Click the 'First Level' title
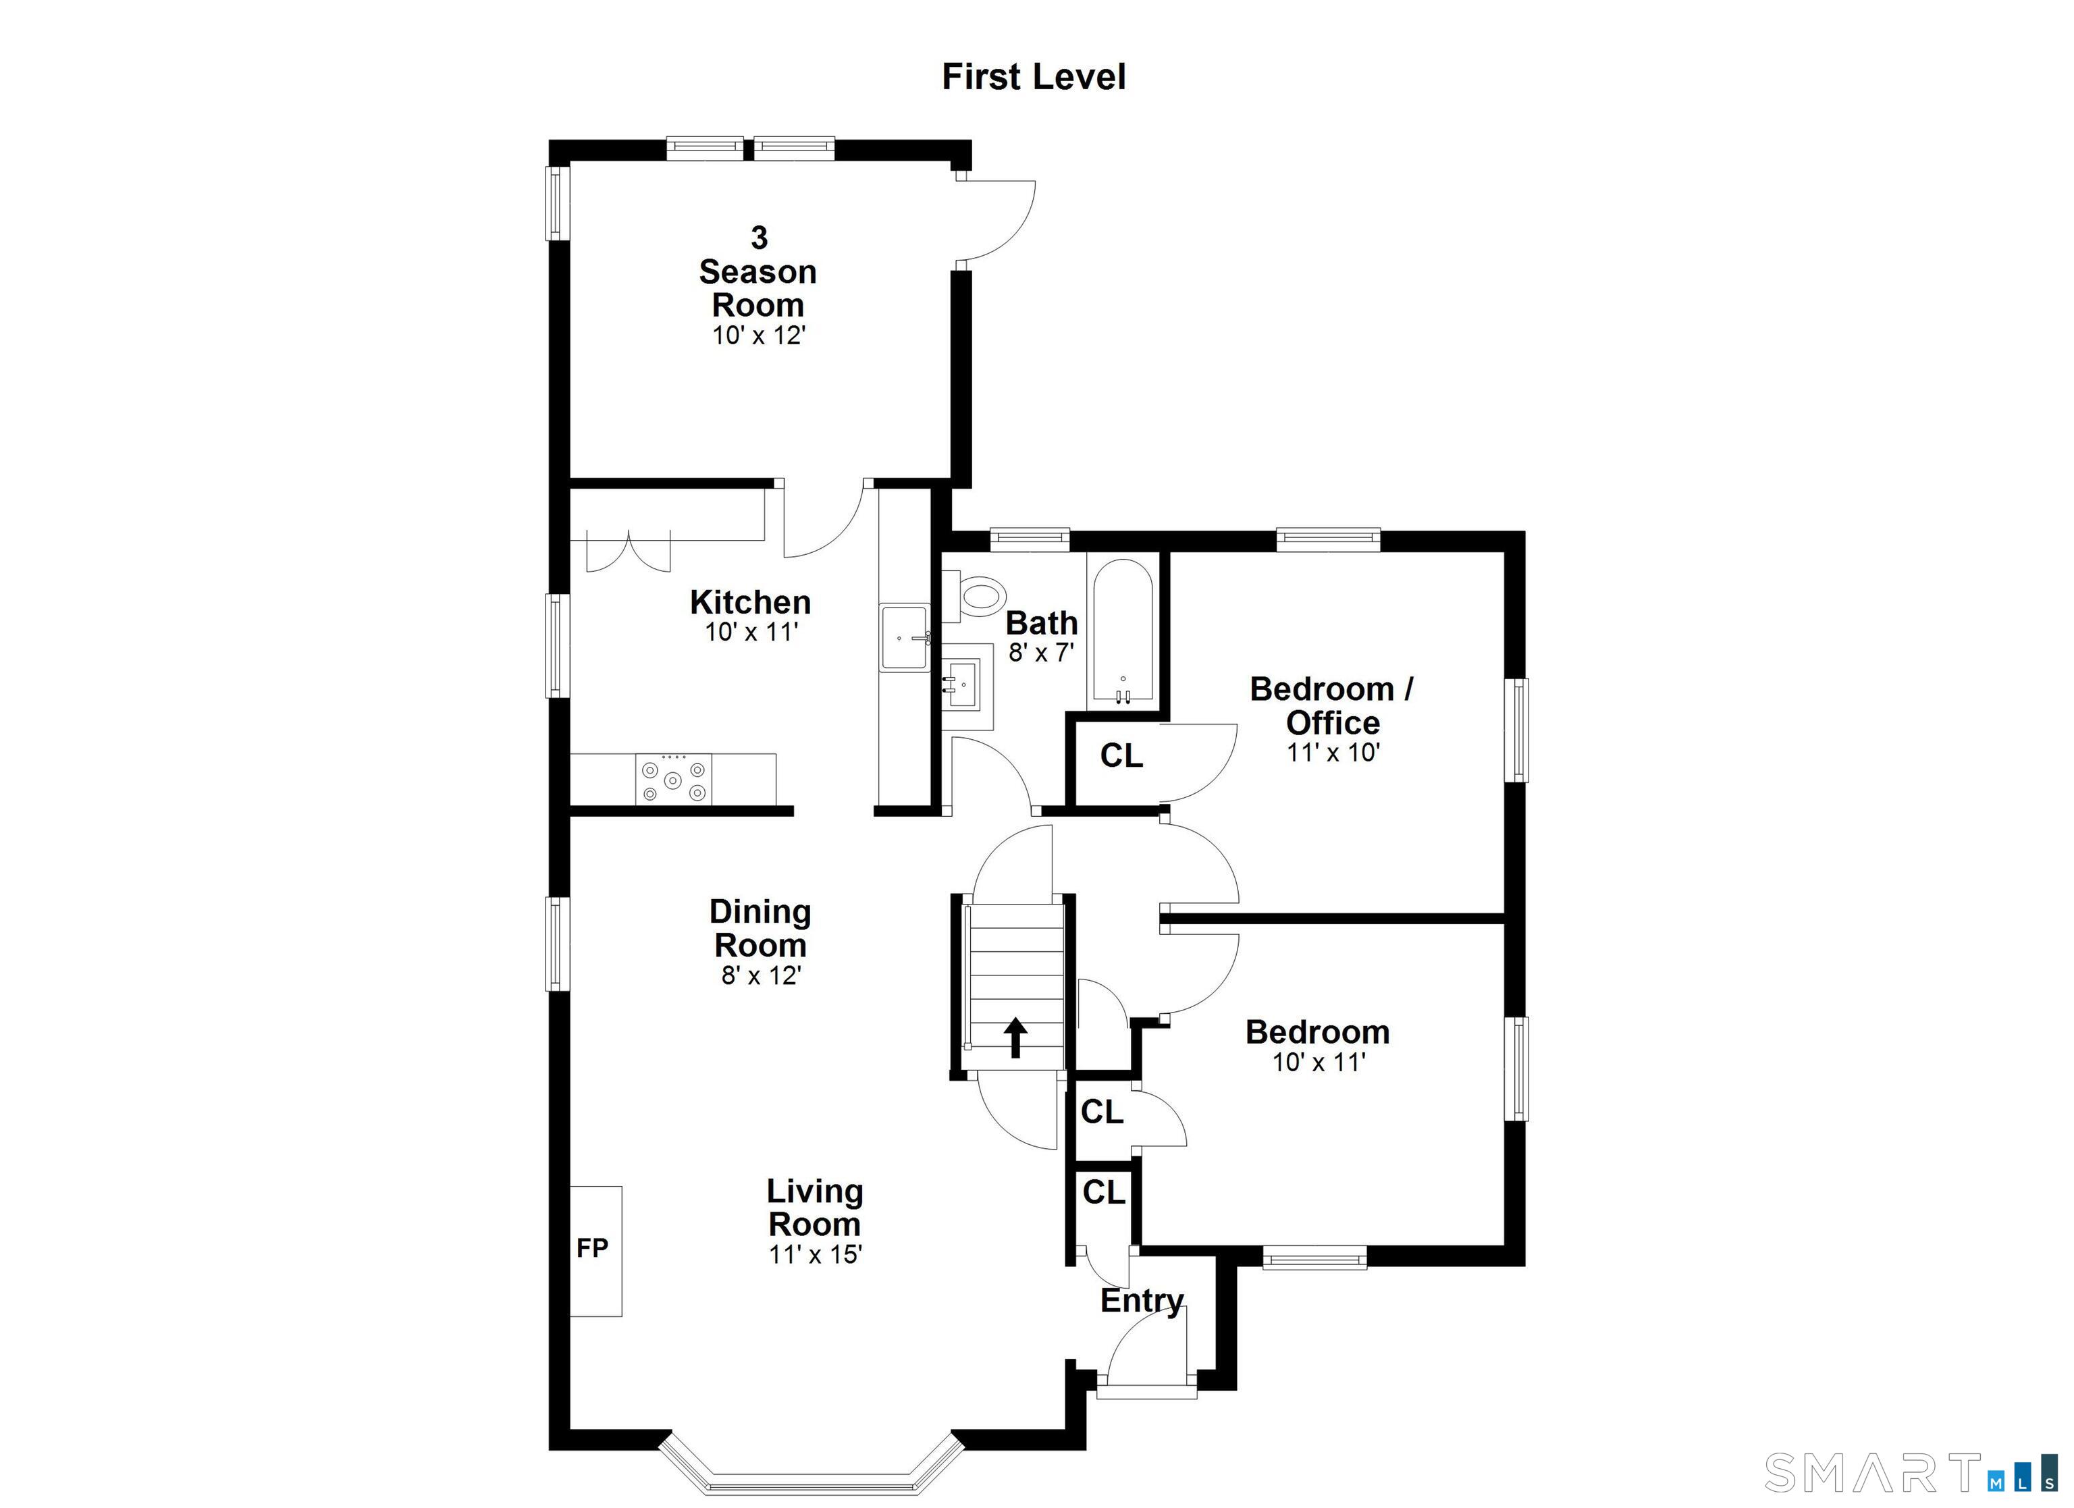coord(1034,77)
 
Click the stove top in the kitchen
coord(673,779)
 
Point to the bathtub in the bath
coord(1122,632)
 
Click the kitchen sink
coord(905,637)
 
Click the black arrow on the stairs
coord(1015,1037)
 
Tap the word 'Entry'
coord(1141,1300)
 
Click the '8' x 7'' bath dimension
coord(1040,652)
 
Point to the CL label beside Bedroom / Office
coord(1121,755)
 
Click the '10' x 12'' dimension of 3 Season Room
coord(758,335)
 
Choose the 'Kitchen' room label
coord(750,603)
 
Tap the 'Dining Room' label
coord(760,927)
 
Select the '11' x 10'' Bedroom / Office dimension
coord(1333,753)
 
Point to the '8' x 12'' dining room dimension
coord(761,976)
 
